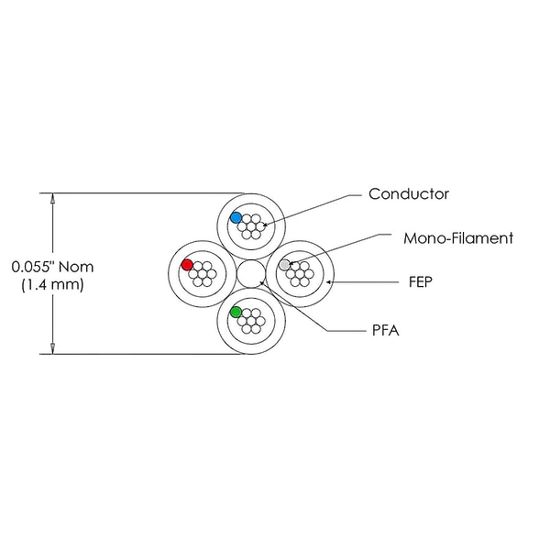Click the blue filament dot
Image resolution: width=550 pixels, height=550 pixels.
click(x=236, y=217)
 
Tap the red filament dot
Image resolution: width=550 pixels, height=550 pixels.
click(x=187, y=265)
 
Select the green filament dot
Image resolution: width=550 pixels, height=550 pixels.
click(x=236, y=312)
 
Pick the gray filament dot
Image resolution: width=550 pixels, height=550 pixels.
click(x=285, y=265)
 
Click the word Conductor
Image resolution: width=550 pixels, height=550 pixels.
click(x=409, y=194)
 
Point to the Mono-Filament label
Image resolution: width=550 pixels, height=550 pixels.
click(x=458, y=238)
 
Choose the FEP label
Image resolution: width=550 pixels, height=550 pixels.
click(x=421, y=282)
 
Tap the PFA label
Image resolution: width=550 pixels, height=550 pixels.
click(x=386, y=330)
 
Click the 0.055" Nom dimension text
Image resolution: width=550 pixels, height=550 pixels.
click(x=52, y=267)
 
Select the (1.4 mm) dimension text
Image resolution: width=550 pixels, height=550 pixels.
click(x=52, y=284)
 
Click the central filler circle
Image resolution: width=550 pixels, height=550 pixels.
click(x=251, y=273)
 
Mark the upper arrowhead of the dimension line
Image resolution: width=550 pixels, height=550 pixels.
click(x=52, y=198)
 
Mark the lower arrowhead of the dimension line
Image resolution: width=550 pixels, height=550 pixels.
click(x=52, y=348)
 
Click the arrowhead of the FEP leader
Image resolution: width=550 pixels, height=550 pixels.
click(x=329, y=281)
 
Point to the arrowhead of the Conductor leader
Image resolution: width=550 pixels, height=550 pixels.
click(x=265, y=225)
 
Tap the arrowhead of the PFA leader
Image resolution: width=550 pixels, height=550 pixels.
click(x=261, y=282)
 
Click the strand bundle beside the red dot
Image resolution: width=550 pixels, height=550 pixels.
click(x=203, y=274)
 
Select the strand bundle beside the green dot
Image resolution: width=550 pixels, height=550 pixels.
click(x=251, y=321)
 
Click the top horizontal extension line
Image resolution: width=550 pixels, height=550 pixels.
click(x=142, y=192)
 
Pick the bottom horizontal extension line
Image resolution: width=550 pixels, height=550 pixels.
click(x=142, y=354)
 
